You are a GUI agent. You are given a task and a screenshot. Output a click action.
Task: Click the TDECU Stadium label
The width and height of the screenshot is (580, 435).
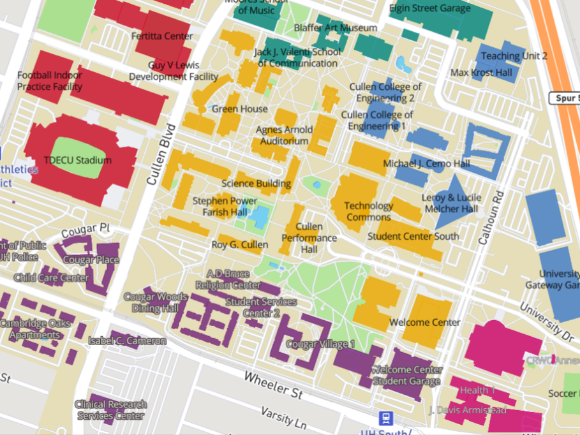tap(77, 160)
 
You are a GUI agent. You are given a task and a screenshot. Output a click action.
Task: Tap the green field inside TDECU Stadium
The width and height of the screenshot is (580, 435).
tap(80, 149)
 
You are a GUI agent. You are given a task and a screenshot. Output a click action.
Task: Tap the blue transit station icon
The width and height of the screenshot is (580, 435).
tap(385, 419)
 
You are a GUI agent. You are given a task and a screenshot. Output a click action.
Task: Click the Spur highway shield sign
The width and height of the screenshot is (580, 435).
tap(564, 98)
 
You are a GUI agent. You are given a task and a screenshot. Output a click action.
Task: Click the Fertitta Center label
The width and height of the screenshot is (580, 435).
tap(162, 36)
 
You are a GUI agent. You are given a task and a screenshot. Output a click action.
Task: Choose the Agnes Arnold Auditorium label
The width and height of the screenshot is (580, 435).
tap(282, 135)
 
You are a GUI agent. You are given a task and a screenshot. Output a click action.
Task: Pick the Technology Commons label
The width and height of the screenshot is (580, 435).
tap(369, 211)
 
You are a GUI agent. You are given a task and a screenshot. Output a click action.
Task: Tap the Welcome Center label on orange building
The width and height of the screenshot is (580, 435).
tap(424, 322)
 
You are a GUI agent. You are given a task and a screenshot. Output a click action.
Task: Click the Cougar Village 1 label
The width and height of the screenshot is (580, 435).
tap(320, 344)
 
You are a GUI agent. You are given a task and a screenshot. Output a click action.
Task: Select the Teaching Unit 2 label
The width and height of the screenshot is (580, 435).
tap(514, 56)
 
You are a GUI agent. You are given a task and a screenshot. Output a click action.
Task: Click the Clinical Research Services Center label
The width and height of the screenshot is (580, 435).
tap(110, 410)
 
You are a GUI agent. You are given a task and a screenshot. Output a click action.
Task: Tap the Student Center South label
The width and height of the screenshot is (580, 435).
tap(413, 236)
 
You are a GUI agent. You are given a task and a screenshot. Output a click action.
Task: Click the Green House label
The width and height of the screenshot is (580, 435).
tap(239, 109)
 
